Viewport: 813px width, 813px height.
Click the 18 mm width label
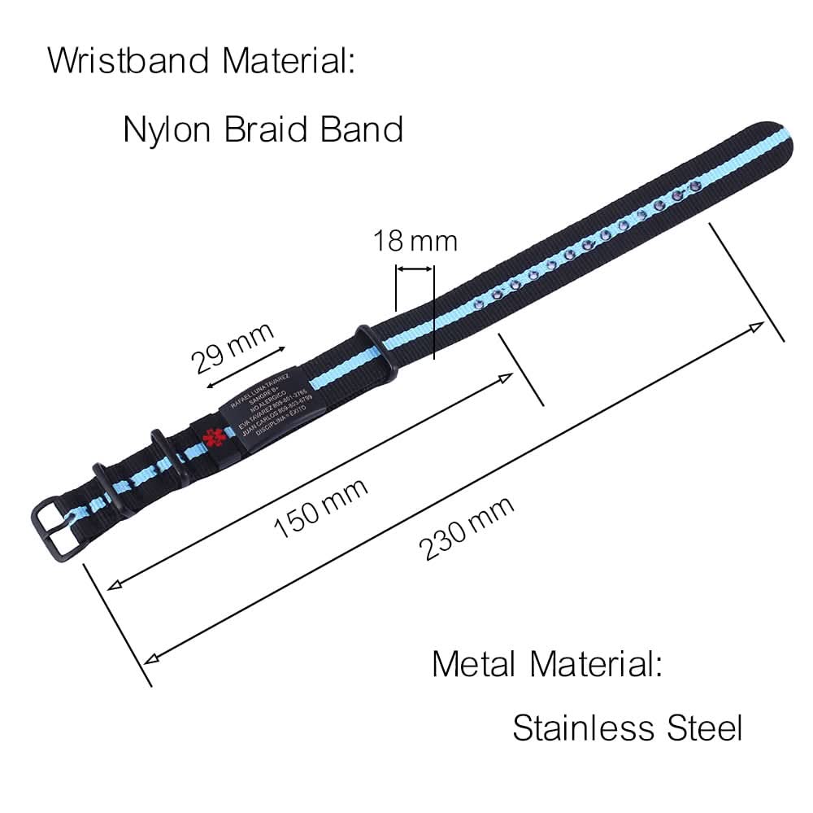(415, 241)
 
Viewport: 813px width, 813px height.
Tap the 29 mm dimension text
(232, 345)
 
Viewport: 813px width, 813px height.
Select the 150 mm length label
(320, 508)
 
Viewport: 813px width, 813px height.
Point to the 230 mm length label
(467, 528)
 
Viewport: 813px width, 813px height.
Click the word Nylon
(167, 129)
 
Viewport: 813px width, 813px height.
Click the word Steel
(704, 727)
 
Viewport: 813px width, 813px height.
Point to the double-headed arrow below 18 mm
(415, 267)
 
